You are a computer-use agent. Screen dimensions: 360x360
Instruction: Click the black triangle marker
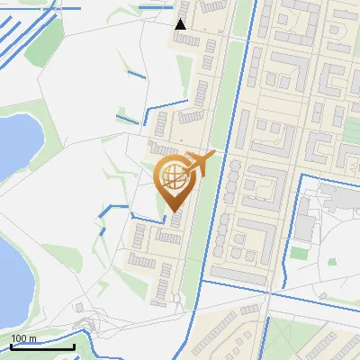coord(181,24)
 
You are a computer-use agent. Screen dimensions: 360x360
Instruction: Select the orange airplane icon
coord(202,164)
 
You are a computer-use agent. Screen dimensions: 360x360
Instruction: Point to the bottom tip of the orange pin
coord(173,211)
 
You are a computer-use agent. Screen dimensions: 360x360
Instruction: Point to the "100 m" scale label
coord(24,338)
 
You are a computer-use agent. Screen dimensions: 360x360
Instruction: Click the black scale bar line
coord(42,346)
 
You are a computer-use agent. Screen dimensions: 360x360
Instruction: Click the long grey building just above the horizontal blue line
coord(238,274)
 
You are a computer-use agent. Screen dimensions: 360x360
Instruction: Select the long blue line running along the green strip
coord(238,108)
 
